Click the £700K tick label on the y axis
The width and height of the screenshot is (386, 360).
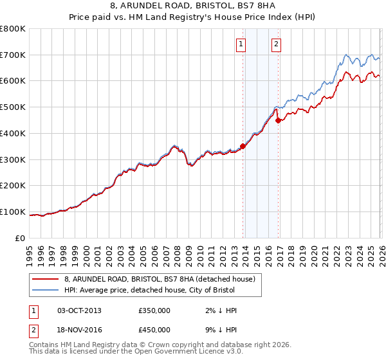click(x=13, y=55)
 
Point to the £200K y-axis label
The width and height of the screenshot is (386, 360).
click(x=13, y=186)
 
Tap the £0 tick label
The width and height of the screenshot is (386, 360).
click(x=20, y=238)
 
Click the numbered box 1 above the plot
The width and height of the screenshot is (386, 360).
click(x=241, y=44)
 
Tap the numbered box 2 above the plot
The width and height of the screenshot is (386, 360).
click(x=276, y=44)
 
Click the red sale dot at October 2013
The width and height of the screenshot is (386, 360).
click(x=243, y=146)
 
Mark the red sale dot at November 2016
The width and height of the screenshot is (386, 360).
click(x=278, y=120)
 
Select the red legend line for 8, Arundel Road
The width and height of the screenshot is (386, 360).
click(x=46, y=280)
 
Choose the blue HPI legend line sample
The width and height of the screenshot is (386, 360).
click(x=46, y=291)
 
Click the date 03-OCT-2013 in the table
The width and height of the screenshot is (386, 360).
click(x=80, y=310)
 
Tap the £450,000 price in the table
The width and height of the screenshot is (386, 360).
click(x=154, y=330)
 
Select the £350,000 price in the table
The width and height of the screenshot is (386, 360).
click(x=154, y=310)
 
